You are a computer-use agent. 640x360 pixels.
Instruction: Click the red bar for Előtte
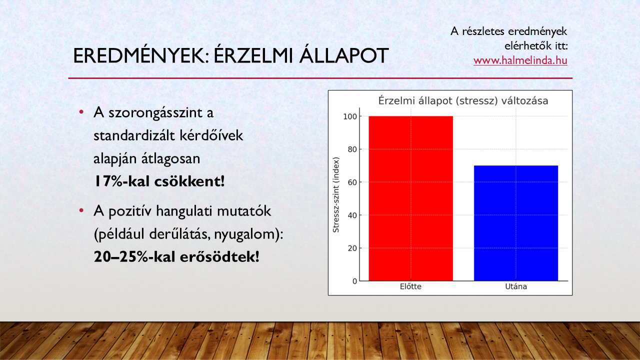(x=410, y=198)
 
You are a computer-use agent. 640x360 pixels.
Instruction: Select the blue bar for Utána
(x=516, y=223)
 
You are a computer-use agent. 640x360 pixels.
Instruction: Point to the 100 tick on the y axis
(x=350, y=116)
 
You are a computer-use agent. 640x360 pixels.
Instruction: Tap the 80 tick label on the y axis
(x=352, y=149)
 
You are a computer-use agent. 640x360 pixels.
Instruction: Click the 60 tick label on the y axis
(x=352, y=182)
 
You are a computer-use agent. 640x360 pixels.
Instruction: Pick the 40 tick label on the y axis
(x=352, y=215)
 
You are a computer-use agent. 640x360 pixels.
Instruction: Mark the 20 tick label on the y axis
(x=352, y=248)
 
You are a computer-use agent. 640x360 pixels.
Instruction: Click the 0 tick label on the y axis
(x=355, y=281)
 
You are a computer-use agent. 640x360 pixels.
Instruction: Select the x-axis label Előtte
(x=410, y=286)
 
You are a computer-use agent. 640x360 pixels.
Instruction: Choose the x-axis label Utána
(x=516, y=286)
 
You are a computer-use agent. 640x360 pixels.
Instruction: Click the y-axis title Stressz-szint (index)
(x=336, y=195)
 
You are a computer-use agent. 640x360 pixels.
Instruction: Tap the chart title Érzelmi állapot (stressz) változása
(x=463, y=101)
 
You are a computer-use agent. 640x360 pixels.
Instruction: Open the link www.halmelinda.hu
(x=520, y=60)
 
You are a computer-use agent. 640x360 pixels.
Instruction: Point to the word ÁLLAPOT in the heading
(x=344, y=55)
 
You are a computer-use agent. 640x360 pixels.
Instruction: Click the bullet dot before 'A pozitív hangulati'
(x=81, y=211)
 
